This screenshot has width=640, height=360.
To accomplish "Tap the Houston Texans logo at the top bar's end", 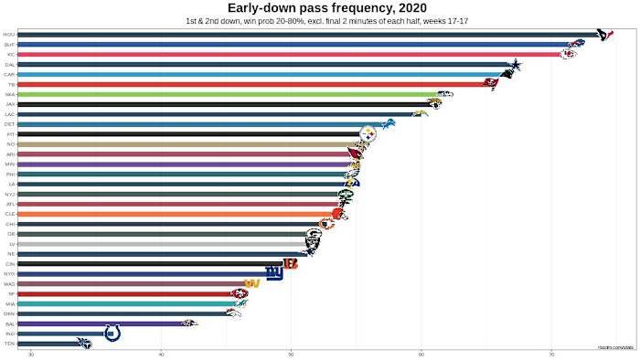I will (x=604, y=35).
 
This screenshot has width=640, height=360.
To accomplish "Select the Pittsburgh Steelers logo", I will (x=368, y=134).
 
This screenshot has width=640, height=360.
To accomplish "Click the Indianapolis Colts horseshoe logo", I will (x=113, y=334).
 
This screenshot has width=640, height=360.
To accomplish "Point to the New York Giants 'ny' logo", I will (x=273, y=273).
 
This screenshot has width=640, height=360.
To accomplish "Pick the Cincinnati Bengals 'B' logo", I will (x=291, y=263).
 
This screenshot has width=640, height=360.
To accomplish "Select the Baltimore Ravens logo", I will (x=189, y=323).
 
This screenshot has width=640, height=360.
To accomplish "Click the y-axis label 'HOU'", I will (x=9, y=35).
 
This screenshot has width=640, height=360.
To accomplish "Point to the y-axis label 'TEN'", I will (x=9, y=344).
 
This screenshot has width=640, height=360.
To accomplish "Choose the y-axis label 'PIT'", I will (x=9, y=134).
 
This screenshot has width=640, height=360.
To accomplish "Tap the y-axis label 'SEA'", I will (x=9, y=94).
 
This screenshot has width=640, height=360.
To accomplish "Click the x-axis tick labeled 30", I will (x=31, y=354).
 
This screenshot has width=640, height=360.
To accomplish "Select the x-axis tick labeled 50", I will (x=291, y=354).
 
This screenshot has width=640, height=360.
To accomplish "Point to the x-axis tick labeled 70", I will (x=551, y=354).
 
